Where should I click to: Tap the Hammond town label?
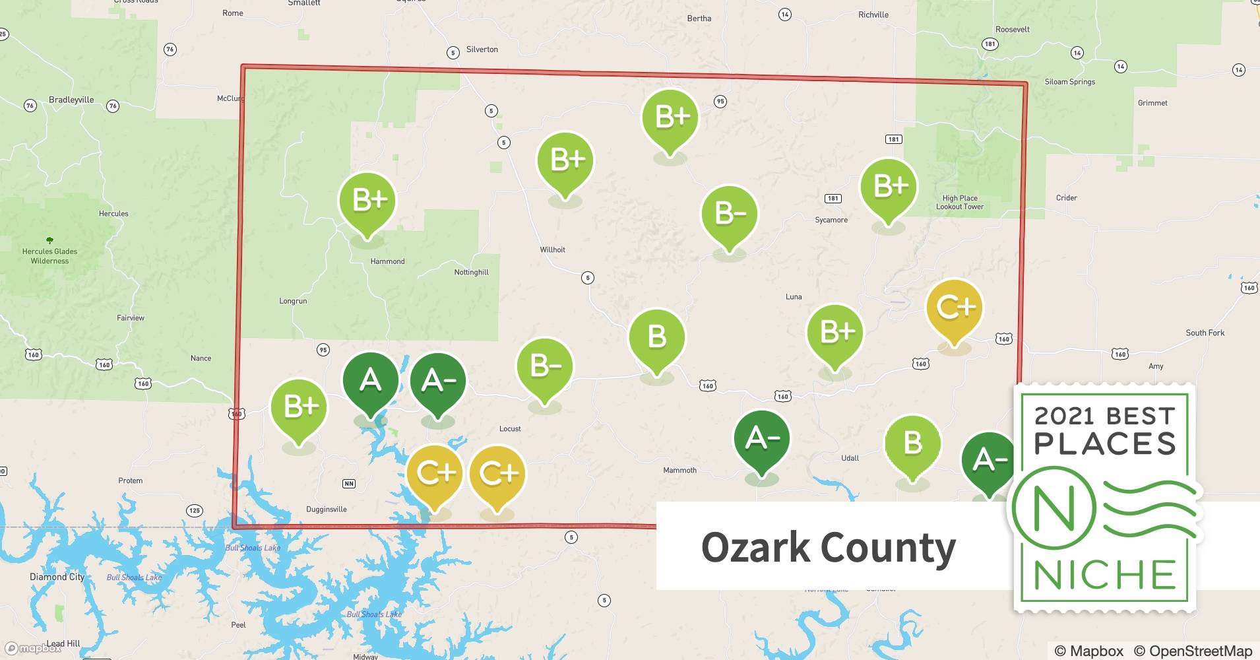pos(387,261)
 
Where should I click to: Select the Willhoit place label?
pos(552,249)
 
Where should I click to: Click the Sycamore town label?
pos(831,220)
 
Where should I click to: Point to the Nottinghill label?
pos(471,272)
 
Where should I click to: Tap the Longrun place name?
pos(293,301)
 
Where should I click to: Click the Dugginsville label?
pos(326,510)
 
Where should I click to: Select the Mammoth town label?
pos(679,471)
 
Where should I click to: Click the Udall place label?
pos(850,458)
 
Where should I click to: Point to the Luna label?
pos(794,297)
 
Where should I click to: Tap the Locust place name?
pos(510,429)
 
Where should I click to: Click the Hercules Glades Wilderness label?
pos(49,256)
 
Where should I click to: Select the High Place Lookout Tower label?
pos(960,203)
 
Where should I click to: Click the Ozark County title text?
pos(828,548)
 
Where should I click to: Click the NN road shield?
pos(349,484)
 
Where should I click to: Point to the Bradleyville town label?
pos(71,100)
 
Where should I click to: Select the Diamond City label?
pos(57,577)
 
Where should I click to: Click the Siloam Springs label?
pos(1069,82)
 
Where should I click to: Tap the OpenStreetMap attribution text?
pos(1193,651)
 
